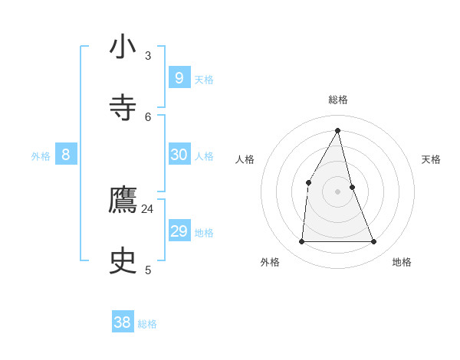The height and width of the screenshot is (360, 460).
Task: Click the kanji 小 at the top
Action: [x=123, y=46]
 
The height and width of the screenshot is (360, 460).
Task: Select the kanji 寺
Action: [x=123, y=107]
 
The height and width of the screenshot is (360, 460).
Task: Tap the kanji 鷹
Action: [x=123, y=200]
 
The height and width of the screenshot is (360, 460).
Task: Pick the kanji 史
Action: [x=123, y=261]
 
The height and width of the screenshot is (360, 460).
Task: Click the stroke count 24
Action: [x=147, y=208]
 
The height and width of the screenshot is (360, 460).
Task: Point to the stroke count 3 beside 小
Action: [x=148, y=55]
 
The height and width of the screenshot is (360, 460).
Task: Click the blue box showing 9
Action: [x=179, y=77]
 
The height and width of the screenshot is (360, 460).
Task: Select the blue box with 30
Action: [x=179, y=154]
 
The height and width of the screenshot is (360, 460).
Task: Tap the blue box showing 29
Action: [x=179, y=231]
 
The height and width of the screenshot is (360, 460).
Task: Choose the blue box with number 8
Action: [x=66, y=154]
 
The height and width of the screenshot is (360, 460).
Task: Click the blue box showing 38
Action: [x=122, y=322]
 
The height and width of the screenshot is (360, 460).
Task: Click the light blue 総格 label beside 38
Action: [x=147, y=324]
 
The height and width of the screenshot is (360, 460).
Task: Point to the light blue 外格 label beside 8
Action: [x=41, y=156]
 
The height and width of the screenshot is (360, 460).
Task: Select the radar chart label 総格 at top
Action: [x=337, y=100]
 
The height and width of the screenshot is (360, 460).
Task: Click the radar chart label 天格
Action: [x=431, y=159]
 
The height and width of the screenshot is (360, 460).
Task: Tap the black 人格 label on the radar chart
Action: [x=245, y=159]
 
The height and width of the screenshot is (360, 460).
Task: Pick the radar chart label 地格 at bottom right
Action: [x=402, y=262]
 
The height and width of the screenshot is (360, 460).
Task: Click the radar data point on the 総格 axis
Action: [x=337, y=130]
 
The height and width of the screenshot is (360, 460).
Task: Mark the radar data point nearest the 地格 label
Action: [x=373, y=241]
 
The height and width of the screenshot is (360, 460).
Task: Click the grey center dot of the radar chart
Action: [x=337, y=191]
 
